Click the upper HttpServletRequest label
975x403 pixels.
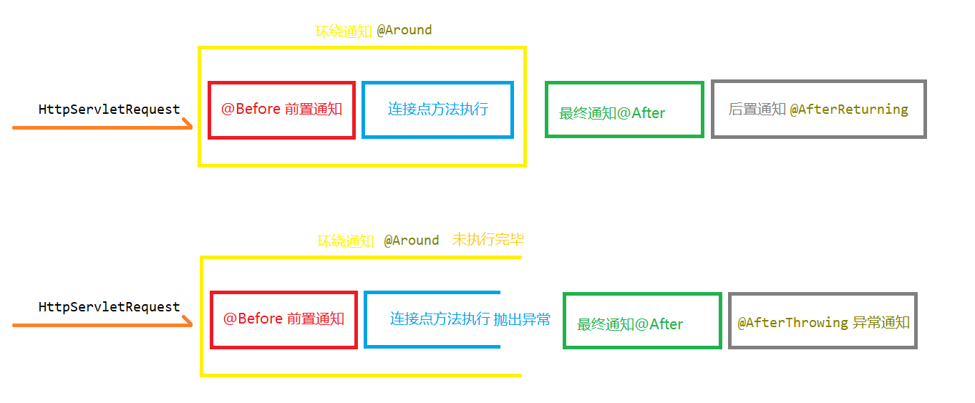pos(109,110)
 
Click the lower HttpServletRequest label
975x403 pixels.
pos(109,307)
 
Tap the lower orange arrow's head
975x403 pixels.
pos(188,324)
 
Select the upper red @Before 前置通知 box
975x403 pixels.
pos(281,110)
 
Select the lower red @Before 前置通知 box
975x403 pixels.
pos(283,319)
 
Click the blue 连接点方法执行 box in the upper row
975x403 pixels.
pos(437,110)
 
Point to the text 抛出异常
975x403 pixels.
pos(522,319)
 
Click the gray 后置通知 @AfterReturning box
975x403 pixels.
pos(818,110)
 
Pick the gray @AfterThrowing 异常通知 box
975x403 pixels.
pos(823,321)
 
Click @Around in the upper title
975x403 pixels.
pos(404,30)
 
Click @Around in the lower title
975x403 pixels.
pos(411,241)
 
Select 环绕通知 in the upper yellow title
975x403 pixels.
pos(344,31)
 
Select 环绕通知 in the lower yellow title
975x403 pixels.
pos(346,241)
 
